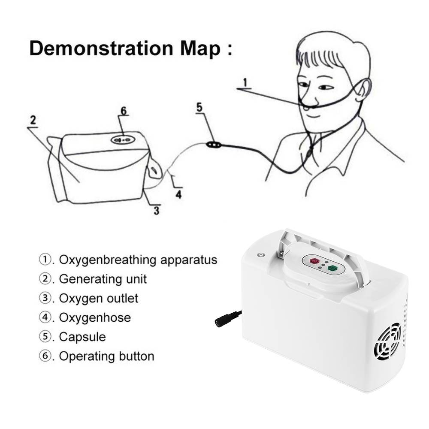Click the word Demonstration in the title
coord(101,48)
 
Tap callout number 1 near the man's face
coord(245,82)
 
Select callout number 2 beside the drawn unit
coord(33,121)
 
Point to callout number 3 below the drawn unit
coord(156,211)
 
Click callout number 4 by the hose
coord(178,194)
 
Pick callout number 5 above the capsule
coord(199,107)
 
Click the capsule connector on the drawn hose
coord(214,144)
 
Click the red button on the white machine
coord(314,261)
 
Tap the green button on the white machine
coord(333,269)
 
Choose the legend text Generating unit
coord(103,279)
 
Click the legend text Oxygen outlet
coord(99,299)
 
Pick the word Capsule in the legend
coord(82,337)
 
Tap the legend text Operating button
coord(107,356)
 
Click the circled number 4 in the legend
coord(44,317)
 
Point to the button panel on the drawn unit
coord(123,140)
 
